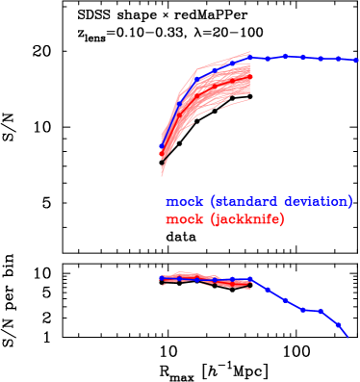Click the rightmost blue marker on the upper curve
tap(356, 60)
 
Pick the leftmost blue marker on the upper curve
tap(162, 148)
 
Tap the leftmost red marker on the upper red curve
tap(162, 155)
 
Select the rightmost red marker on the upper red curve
tap(250, 76)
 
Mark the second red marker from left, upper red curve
tap(179, 115)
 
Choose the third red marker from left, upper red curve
tap(197, 95)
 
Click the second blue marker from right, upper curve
tap(339, 59)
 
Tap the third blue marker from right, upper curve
tap(321, 59)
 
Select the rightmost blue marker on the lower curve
tap(339, 326)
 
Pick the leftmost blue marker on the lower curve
tap(162, 278)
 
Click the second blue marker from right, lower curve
tap(321, 311)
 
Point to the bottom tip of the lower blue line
tap(347, 337)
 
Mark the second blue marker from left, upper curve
tap(179, 100)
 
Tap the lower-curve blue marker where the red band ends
tap(250, 280)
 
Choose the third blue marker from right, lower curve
tap(303, 310)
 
